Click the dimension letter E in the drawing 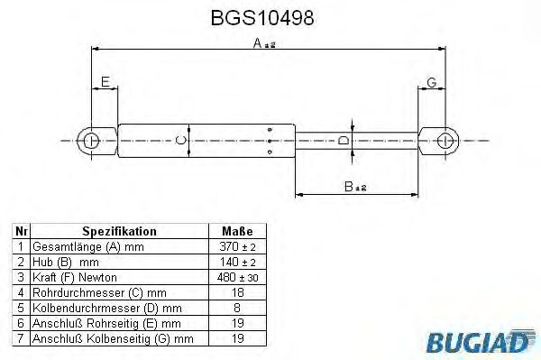point(105,82)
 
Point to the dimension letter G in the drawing point(432,82)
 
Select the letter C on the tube point(179,140)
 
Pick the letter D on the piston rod point(344,141)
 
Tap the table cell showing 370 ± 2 point(237,246)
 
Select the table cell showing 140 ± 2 point(237,262)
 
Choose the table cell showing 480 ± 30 point(237,277)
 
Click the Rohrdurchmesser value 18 point(237,292)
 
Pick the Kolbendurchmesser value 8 point(237,308)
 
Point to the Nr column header point(20,231)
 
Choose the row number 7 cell point(20,338)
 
